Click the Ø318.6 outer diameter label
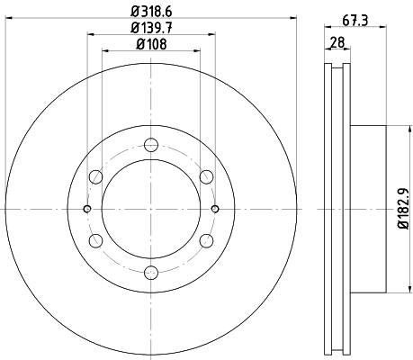(x=150, y=12)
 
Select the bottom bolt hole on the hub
(x=150, y=274)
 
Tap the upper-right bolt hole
(x=207, y=175)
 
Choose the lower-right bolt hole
(x=207, y=240)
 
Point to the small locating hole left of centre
(x=86, y=208)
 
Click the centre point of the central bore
(x=150, y=208)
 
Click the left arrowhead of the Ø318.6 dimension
(x=8, y=20)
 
